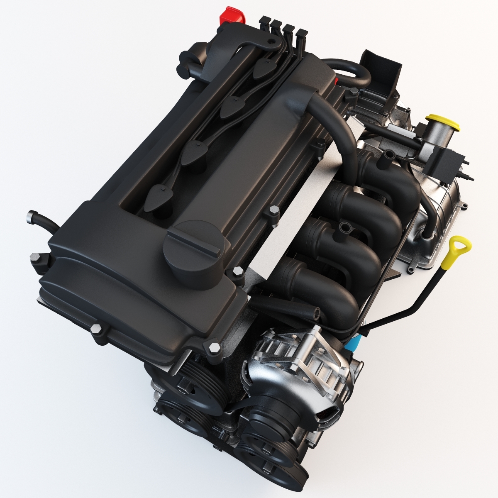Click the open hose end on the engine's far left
[x=30, y=215]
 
